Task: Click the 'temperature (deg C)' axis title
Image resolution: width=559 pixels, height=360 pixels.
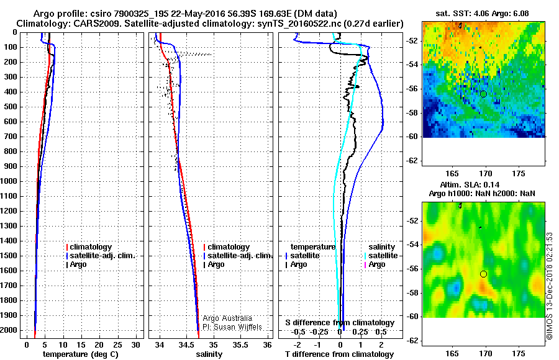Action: (80, 354)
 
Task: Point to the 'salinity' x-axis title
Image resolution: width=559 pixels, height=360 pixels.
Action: (209, 354)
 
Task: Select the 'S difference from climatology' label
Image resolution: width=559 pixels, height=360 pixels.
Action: (340, 323)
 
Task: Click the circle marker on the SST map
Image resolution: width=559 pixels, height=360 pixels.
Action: (483, 94)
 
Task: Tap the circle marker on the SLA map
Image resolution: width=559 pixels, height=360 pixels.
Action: (483, 274)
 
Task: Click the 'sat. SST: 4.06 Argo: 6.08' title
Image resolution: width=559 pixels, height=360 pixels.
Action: (483, 12)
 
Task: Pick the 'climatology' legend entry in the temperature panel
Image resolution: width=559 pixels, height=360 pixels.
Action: (90, 247)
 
